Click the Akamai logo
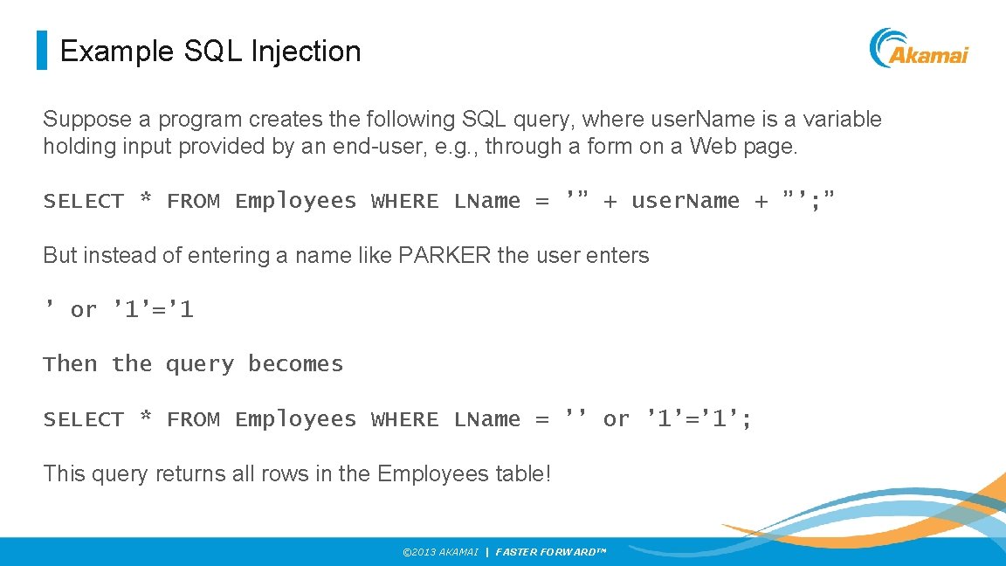click(x=919, y=49)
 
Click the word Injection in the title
click(x=306, y=52)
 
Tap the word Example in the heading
click(x=118, y=52)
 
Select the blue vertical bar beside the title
click(x=41, y=51)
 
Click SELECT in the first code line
click(x=84, y=201)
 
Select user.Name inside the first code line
click(x=685, y=201)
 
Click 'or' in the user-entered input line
click(x=84, y=310)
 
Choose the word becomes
click(x=295, y=364)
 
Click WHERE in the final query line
click(x=405, y=419)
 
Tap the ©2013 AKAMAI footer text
click(x=439, y=552)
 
